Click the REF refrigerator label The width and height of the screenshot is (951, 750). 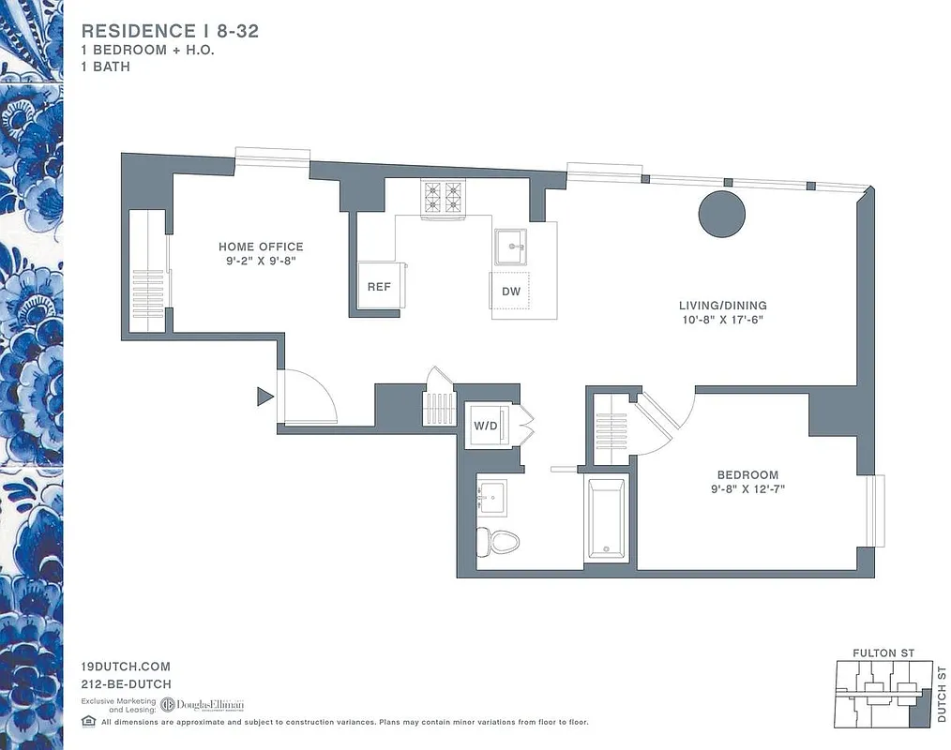(x=379, y=287)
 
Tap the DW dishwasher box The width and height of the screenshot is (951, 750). (x=510, y=292)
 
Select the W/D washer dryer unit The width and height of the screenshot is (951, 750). (x=486, y=426)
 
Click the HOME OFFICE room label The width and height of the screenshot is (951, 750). (x=261, y=247)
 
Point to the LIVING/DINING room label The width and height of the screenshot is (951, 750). (x=722, y=306)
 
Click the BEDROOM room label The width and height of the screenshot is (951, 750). (x=747, y=475)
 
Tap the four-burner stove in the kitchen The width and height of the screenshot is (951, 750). (x=443, y=198)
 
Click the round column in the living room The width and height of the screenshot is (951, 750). (x=721, y=215)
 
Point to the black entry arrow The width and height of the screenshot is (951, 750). (x=264, y=397)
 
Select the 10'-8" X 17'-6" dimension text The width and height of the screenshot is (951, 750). (x=722, y=320)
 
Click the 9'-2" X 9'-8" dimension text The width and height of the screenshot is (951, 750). (x=261, y=262)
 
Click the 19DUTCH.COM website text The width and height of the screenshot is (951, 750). (x=126, y=667)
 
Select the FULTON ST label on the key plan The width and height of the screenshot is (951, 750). (x=883, y=652)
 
